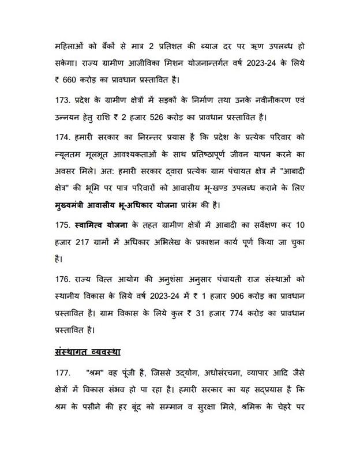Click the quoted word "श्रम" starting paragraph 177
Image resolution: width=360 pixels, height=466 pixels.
coord(97,373)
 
